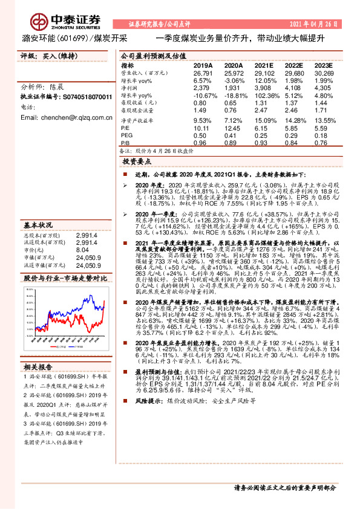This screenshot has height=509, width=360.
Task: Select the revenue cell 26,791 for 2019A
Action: tap(205, 73)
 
